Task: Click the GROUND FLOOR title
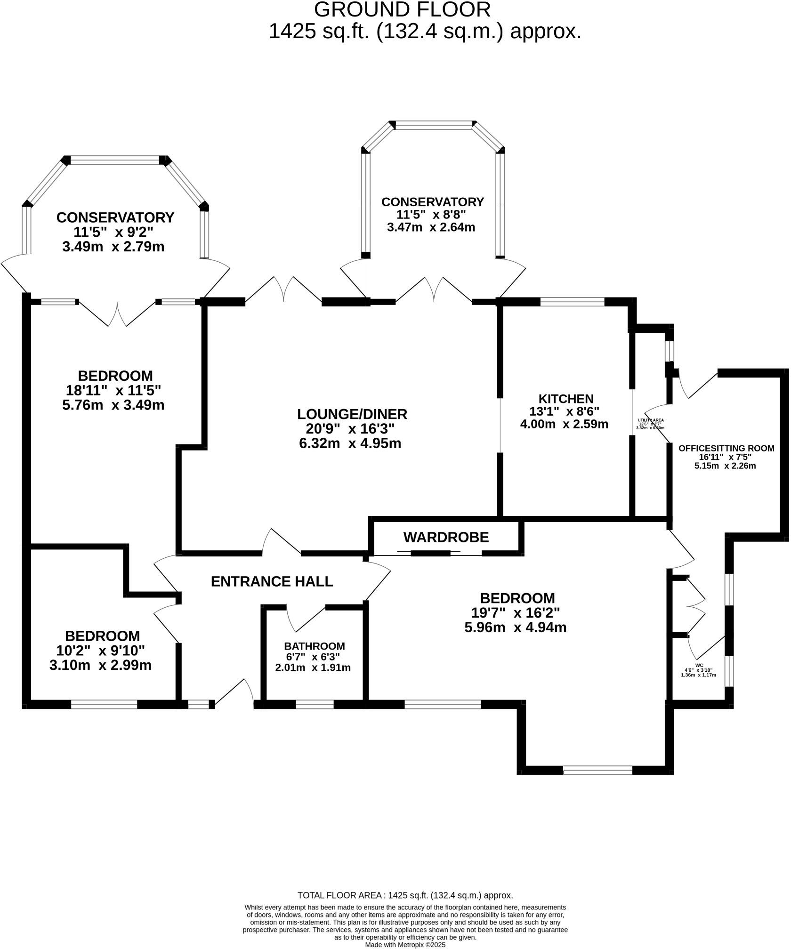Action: click(x=402, y=10)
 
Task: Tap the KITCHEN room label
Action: click(x=565, y=399)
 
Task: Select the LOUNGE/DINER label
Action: click(x=352, y=414)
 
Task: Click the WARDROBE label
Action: click(x=446, y=537)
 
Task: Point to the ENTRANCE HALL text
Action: click(x=272, y=581)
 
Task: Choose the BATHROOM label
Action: click(x=314, y=646)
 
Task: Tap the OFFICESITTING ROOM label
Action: click(x=726, y=448)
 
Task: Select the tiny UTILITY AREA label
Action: click(x=650, y=420)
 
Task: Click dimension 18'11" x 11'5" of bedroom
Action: click(x=113, y=390)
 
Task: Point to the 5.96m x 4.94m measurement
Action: click(x=515, y=627)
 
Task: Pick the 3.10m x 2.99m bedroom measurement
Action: click(x=100, y=665)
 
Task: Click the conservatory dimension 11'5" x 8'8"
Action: click(x=431, y=215)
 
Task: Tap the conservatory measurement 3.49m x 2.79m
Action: click(x=113, y=246)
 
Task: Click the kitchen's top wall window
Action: click(x=572, y=302)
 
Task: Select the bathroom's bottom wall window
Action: click(x=315, y=705)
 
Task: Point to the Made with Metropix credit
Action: click(x=405, y=944)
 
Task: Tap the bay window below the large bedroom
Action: click(x=597, y=771)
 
